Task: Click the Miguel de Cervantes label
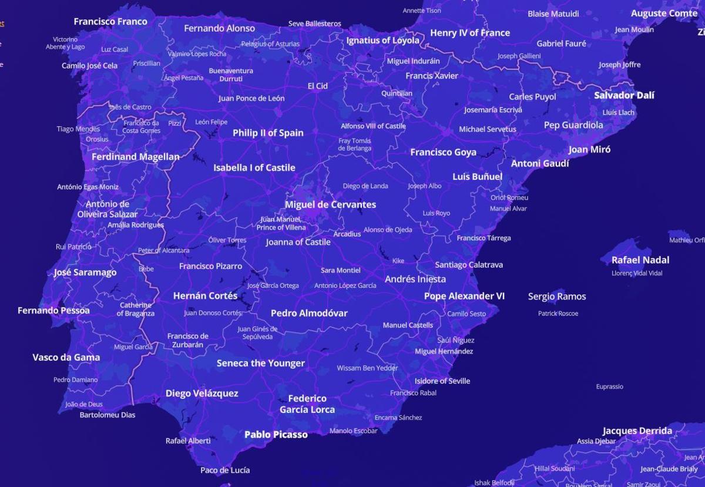(x=330, y=204)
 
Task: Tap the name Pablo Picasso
(x=276, y=435)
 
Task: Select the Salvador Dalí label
(x=624, y=95)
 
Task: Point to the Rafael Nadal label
(x=640, y=260)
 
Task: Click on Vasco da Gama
(x=66, y=357)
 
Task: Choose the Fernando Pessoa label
(x=53, y=310)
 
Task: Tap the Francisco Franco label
(x=110, y=22)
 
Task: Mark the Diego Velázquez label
(x=202, y=393)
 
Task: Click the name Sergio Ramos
(x=556, y=296)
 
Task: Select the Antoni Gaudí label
(x=539, y=163)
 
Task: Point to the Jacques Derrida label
(x=637, y=431)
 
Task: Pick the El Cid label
(x=317, y=86)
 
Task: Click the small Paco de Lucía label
(x=224, y=470)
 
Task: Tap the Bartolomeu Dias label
(x=108, y=415)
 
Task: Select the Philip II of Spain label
(x=268, y=133)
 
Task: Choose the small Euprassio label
(x=609, y=387)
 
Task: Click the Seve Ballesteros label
(x=314, y=23)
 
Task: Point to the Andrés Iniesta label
(x=415, y=279)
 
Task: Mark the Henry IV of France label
(x=469, y=33)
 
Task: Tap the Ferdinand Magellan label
(x=135, y=157)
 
